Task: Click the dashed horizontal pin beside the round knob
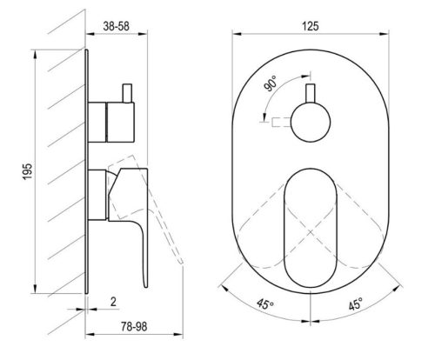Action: tap(282, 119)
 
